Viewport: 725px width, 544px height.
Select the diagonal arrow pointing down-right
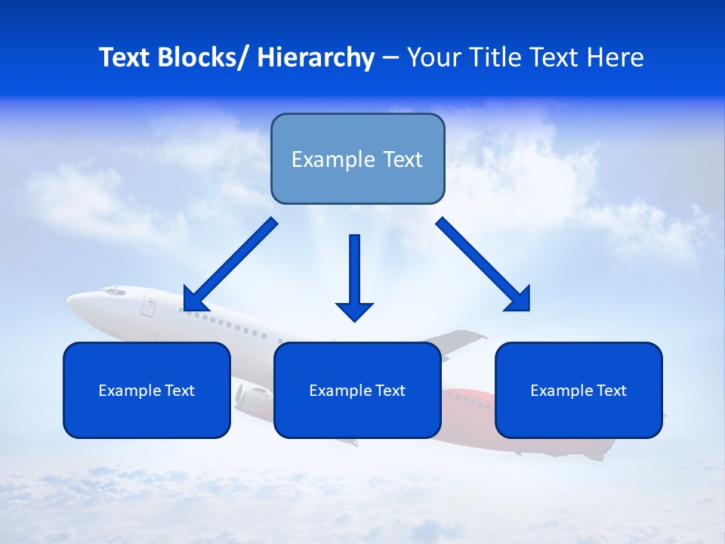click(484, 264)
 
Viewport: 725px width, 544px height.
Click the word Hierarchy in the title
click(315, 57)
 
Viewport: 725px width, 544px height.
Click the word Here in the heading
click(614, 57)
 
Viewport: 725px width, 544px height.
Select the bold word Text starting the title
click(125, 57)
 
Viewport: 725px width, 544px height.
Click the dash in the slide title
click(390, 58)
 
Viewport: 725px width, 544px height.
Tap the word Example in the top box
click(333, 159)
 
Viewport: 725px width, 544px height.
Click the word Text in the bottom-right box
click(611, 391)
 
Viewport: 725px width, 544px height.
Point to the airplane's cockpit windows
click(113, 291)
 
